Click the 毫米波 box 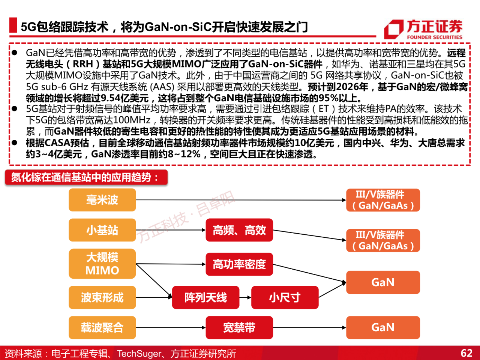[102, 200]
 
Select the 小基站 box [102, 230]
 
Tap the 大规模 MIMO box [102, 264]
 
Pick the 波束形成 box [102, 297]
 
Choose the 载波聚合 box [102, 327]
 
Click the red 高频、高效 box [239, 230]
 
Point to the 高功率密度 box [239, 264]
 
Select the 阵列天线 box [205, 297]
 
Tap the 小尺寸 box [285, 297]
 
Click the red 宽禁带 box [239, 327]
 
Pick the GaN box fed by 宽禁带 [383, 327]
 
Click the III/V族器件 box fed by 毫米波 [383, 200]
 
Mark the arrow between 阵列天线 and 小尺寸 [245, 297]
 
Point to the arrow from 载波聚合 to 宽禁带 [171, 327]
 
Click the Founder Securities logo [424, 29]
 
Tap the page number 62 [466, 353]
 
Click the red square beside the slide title [13, 25]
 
